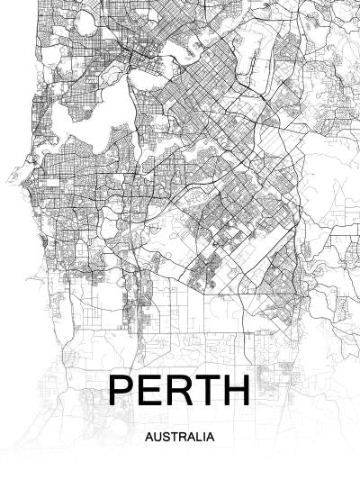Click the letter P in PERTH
click(x=121, y=390)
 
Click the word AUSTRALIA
click(x=179, y=437)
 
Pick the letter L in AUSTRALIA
click(x=196, y=437)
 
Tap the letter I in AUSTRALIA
click(x=202, y=437)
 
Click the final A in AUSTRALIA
click(x=208, y=437)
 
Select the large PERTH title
click(x=179, y=390)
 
